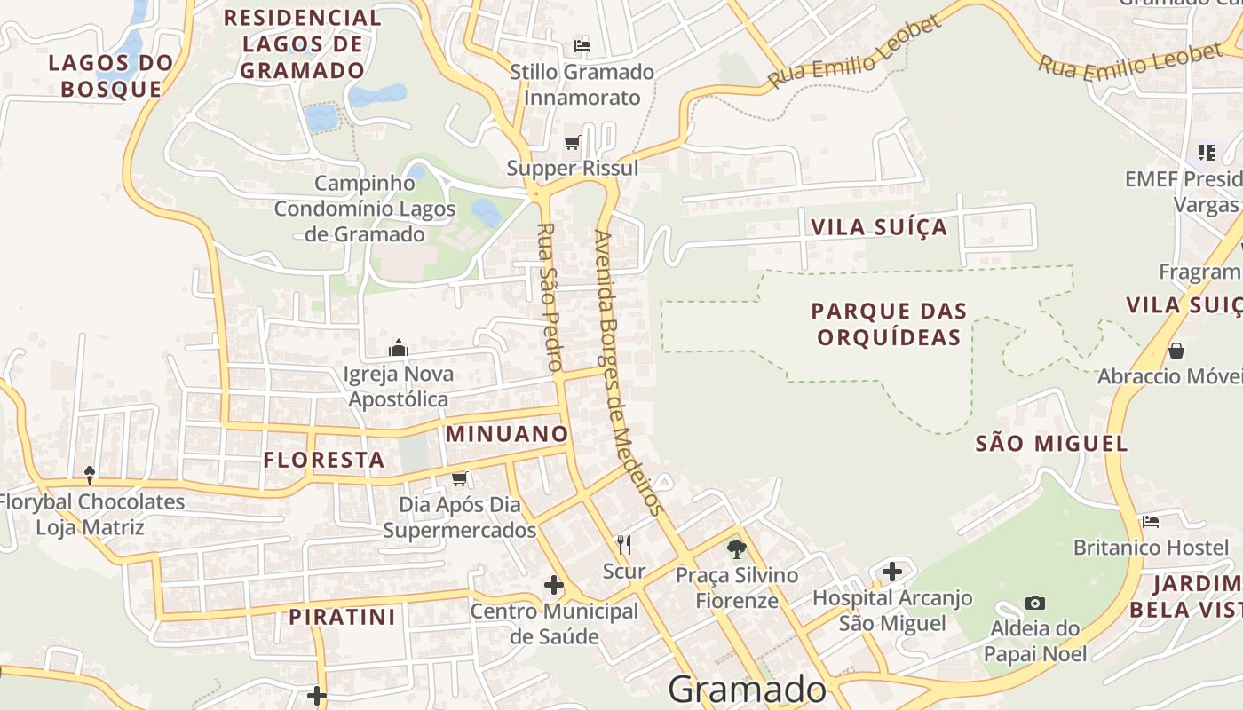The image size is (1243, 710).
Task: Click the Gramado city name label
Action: (747, 690)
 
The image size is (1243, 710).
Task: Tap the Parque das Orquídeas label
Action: (889, 324)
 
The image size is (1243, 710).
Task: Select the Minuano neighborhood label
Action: (507, 434)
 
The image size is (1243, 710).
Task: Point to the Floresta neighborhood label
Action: (324, 460)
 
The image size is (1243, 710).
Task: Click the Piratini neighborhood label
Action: (342, 617)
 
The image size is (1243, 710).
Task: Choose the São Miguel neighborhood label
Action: (1051, 443)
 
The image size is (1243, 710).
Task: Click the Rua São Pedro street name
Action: (550, 296)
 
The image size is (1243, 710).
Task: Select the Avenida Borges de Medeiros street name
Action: (628, 373)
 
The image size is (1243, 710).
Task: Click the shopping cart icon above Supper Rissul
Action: (573, 142)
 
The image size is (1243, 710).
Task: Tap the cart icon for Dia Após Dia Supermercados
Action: (459, 479)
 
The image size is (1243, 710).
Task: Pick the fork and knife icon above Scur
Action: (624, 544)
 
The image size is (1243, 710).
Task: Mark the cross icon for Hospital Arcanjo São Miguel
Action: (892, 572)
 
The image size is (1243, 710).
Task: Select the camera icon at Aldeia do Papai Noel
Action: (1035, 603)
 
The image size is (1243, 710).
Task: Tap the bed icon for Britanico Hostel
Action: (1152, 521)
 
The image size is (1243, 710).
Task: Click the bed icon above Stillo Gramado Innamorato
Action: (582, 45)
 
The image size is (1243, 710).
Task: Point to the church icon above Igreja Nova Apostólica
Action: (399, 347)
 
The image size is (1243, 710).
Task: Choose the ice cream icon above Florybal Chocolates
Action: (90, 475)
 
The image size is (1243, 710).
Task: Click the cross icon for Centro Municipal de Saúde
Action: (554, 585)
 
